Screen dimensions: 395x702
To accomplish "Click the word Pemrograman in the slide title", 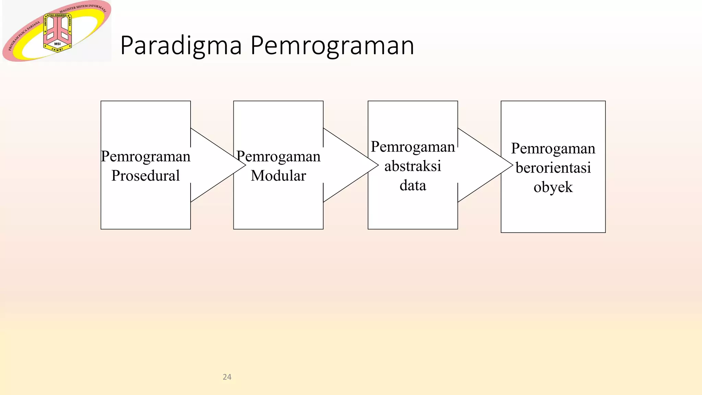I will [332, 46].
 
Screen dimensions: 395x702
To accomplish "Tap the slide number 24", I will [227, 377].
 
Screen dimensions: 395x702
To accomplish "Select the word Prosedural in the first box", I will [146, 176].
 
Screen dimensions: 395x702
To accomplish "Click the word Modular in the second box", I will [278, 176].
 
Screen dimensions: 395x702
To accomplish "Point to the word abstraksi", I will [413, 166].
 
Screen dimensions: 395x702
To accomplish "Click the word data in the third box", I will [413, 185].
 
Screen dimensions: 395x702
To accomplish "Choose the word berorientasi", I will [553, 168].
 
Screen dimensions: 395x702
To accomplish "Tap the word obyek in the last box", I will [553, 187].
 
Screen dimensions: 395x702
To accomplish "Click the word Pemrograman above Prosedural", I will [146, 156].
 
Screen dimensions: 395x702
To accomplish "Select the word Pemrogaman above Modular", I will [278, 156].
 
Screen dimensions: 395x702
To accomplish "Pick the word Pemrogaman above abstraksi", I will [413, 147].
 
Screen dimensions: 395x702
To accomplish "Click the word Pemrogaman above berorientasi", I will [553, 148].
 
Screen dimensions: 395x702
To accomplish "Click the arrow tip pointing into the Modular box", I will [244, 165].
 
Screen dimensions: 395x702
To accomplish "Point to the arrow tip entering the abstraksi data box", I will [377, 165].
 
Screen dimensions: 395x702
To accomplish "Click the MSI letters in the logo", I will [57, 44].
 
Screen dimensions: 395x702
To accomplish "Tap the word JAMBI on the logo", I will [57, 50].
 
